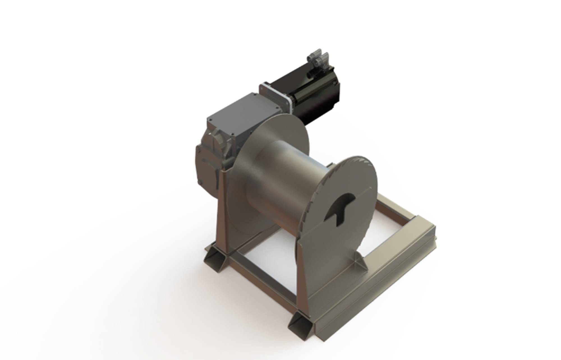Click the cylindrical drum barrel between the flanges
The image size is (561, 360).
tap(283, 182)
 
